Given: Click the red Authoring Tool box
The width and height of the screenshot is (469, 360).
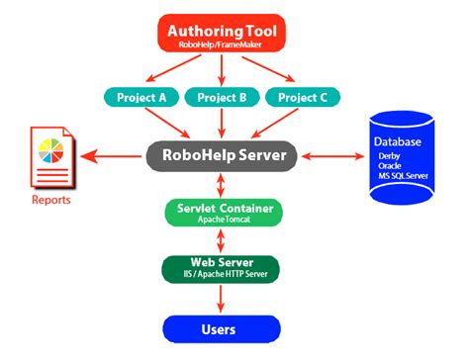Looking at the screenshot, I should [x=223, y=32].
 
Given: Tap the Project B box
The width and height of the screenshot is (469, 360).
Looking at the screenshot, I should [x=223, y=97].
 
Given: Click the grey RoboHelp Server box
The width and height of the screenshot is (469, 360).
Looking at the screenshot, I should [x=223, y=155].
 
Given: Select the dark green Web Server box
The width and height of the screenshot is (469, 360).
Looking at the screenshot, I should [x=223, y=269].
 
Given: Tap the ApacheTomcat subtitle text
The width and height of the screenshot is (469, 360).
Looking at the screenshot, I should [x=223, y=220].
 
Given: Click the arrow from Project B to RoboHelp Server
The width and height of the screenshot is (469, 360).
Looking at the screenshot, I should [x=223, y=123].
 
